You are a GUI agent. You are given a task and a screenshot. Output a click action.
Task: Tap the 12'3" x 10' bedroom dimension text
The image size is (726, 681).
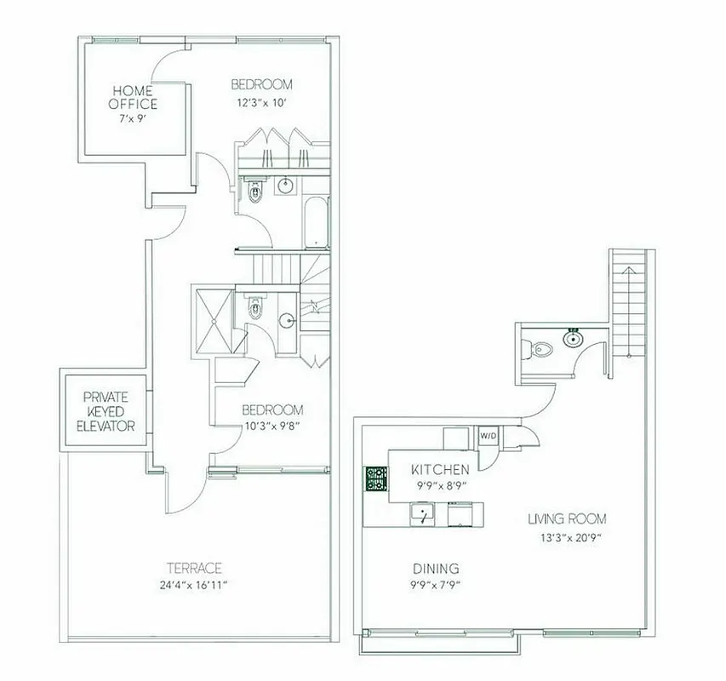click(261, 103)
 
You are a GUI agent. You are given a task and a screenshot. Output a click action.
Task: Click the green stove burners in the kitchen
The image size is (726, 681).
click(376, 479)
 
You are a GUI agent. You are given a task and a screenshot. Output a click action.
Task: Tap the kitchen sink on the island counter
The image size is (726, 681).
click(420, 514)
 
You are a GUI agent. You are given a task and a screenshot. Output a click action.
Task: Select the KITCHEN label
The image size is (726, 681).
click(439, 469)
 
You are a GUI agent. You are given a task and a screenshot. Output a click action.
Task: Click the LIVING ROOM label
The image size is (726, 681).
click(567, 518)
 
